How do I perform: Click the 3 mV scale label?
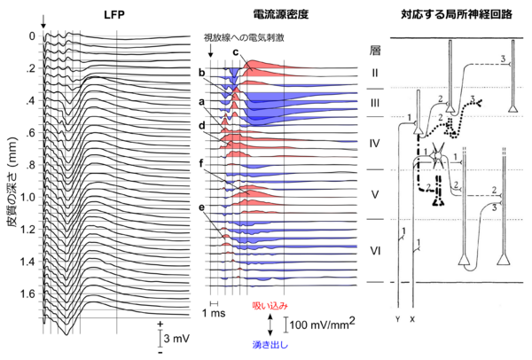[x=176, y=340]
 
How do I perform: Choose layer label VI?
[x=375, y=251]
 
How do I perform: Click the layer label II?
[x=375, y=72]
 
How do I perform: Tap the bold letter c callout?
[x=235, y=51]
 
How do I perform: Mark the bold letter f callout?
[x=202, y=163]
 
